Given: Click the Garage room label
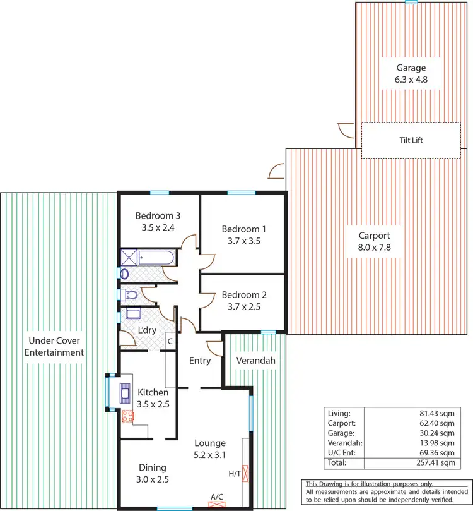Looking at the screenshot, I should (411, 68).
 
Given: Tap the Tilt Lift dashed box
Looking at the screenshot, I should (411, 140).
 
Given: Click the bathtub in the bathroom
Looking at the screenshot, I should (156, 258).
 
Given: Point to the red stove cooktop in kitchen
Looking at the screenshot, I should (127, 416).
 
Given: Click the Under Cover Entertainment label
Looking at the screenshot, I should (54, 347).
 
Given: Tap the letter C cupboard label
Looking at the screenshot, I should (170, 342).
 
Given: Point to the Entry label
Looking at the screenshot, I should (199, 360).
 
